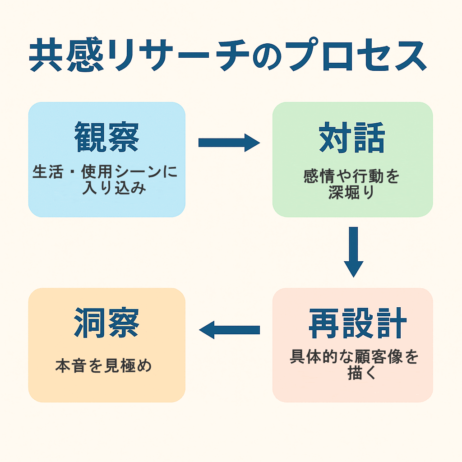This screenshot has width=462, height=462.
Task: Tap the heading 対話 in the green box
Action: [352, 137]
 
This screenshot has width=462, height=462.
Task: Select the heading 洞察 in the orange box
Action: [106, 323]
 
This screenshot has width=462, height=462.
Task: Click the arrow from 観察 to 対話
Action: [229, 143]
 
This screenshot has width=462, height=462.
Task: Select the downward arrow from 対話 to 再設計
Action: [353, 251]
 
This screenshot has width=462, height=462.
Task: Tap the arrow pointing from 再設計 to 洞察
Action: [229, 330]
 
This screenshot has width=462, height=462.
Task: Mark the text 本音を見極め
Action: [104, 365]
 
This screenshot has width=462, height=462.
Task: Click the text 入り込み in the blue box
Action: [114, 187]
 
